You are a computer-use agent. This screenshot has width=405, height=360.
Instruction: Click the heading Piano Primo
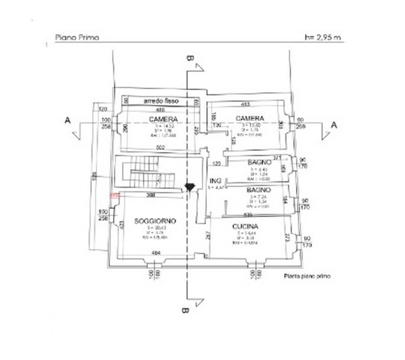77,37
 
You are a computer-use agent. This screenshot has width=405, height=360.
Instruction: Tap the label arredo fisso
161,101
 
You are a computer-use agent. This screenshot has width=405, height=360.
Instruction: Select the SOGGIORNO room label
155,221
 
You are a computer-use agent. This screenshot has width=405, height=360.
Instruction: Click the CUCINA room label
245,226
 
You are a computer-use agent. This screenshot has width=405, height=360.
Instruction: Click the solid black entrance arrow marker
190,186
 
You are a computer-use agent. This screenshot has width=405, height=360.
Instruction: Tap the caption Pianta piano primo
307,276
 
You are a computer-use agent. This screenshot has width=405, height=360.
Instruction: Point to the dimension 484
156,252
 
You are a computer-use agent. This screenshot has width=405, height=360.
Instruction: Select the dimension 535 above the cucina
248,214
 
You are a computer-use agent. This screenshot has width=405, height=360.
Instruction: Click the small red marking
114,196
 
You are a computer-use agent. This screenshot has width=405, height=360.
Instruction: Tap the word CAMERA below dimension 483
250,118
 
